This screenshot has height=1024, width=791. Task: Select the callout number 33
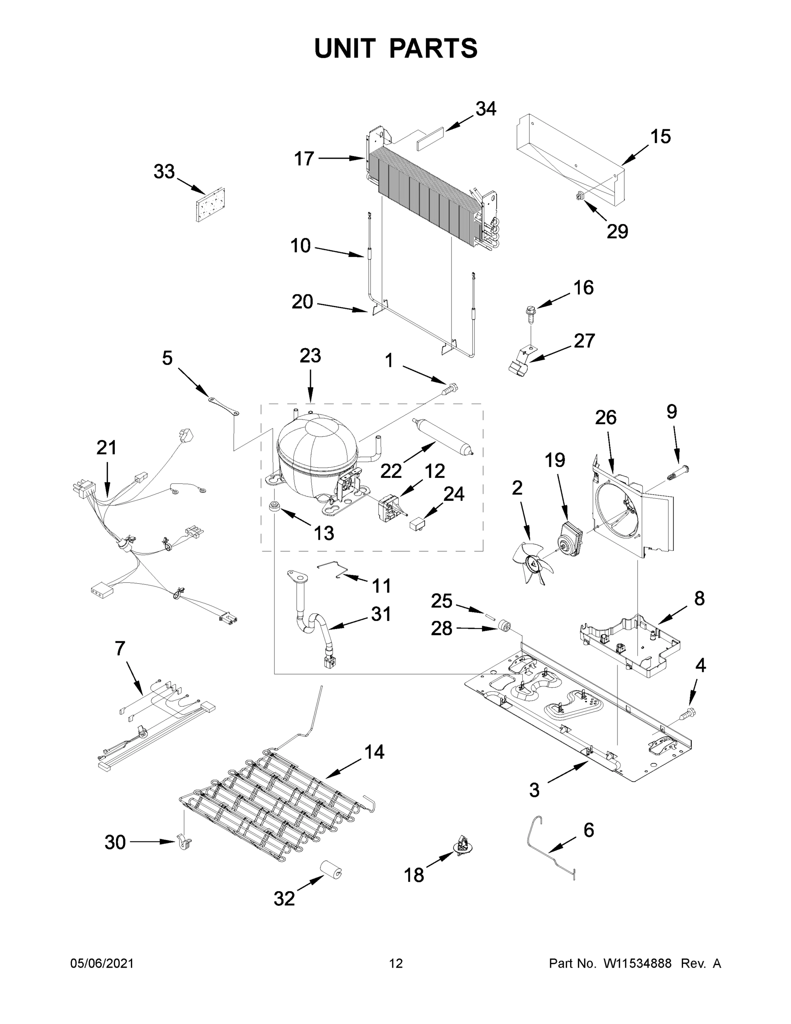pyautogui.click(x=164, y=172)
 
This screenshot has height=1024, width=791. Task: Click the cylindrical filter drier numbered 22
pyautogui.click(x=442, y=436)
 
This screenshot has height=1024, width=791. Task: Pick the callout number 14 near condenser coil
pyautogui.click(x=374, y=752)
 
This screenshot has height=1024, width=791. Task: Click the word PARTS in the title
pyautogui.click(x=434, y=48)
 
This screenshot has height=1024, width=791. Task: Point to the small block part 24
pyautogui.click(x=418, y=523)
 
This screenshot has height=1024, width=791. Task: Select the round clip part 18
pyautogui.click(x=463, y=845)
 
